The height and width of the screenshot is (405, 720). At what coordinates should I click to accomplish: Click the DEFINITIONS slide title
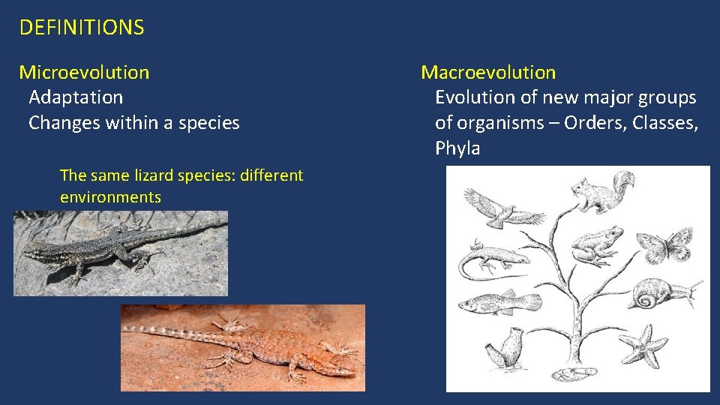coord(81,28)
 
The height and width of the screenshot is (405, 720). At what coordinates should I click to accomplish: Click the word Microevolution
coord(84,73)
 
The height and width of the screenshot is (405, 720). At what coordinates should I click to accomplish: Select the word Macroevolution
coord(488,73)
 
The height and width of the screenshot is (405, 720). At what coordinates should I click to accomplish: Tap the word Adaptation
coord(76,97)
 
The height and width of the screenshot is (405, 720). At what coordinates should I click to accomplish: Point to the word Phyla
coord(457,148)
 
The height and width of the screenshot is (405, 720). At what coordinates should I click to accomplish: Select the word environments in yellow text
coord(110,197)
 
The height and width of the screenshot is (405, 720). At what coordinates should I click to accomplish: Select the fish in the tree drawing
coord(498,302)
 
